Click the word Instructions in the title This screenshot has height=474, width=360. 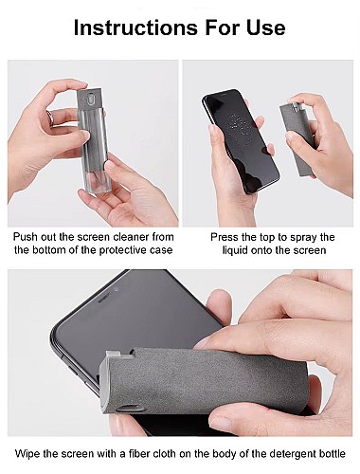coord(135,27)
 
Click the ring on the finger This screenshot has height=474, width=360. coord(50,118)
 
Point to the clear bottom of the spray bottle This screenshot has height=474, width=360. coord(96,179)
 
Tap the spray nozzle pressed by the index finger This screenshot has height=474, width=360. coord(295,106)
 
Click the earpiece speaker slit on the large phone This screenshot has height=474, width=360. coord(106,298)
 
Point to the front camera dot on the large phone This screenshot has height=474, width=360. coord(117,289)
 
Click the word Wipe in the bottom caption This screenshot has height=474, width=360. coord(27,454)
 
